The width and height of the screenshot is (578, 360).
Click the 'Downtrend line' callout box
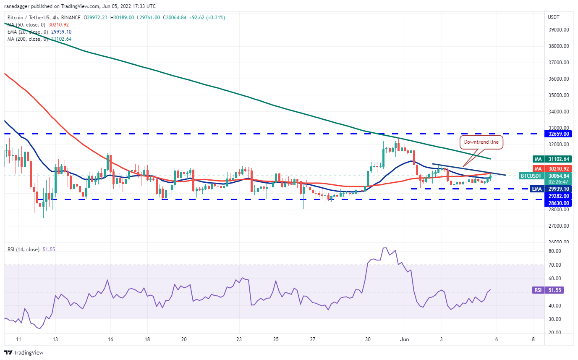point(481,142)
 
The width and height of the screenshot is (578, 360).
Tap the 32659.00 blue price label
point(559,134)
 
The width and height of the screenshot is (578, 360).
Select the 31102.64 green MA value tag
point(559,159)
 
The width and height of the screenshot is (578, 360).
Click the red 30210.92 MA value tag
point(559,169)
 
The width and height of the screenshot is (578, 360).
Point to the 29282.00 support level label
point(559,196)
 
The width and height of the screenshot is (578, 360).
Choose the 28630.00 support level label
point(559,203)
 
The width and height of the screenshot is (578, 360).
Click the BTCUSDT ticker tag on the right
point(531,176)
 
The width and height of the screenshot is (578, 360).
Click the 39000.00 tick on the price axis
point(559,30)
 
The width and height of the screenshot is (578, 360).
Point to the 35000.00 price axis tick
point(559,95)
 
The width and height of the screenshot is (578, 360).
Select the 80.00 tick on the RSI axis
point(554,251)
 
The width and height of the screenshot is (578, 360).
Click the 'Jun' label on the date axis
point(404,339)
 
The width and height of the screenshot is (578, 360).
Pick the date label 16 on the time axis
point(110,339)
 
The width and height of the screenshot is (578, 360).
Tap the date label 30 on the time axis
point(368,339)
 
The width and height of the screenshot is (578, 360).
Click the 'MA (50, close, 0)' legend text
point(26,25)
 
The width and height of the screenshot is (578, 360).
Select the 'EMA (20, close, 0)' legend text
point(28,32)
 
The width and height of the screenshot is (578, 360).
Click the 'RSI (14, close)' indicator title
point(24,250)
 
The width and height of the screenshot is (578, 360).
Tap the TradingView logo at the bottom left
point(24,353)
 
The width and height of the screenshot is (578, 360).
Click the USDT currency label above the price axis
point(554,17)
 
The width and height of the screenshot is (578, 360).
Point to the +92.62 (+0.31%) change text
point(207,18)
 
